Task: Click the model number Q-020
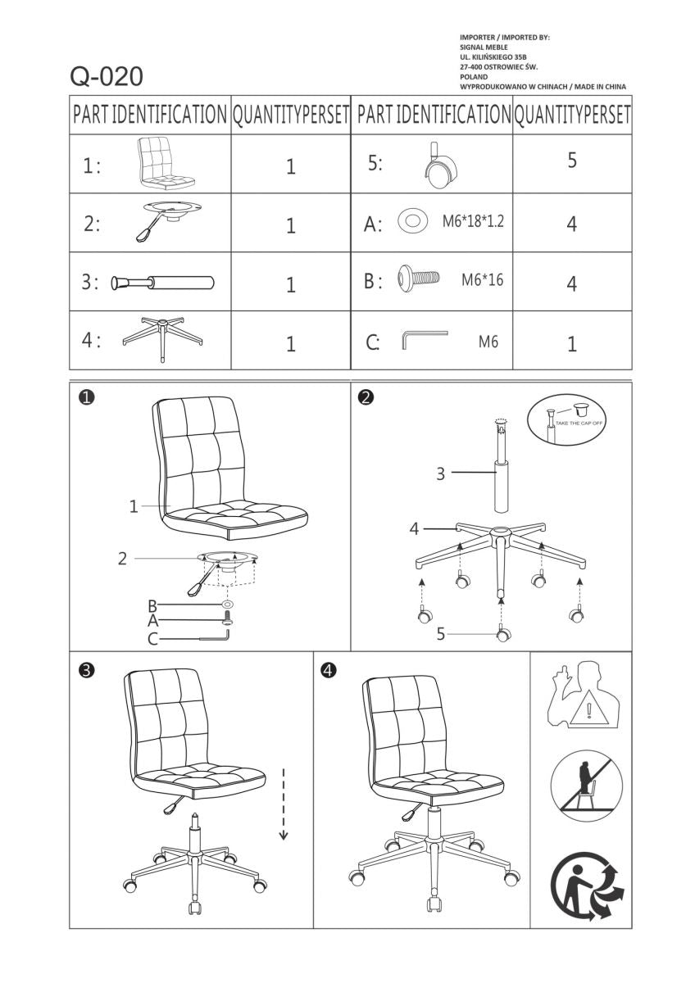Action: click(107, 76)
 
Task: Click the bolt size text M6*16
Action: click(482, 280)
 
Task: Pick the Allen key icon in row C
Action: click(424, 340)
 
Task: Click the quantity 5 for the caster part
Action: click(572, 161)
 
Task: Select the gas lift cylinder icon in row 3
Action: click(163, 283)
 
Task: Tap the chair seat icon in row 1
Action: click(168, 161)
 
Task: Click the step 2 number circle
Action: click(366, 397)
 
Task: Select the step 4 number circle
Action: click(328, 670)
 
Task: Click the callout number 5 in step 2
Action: click(440, 633)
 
